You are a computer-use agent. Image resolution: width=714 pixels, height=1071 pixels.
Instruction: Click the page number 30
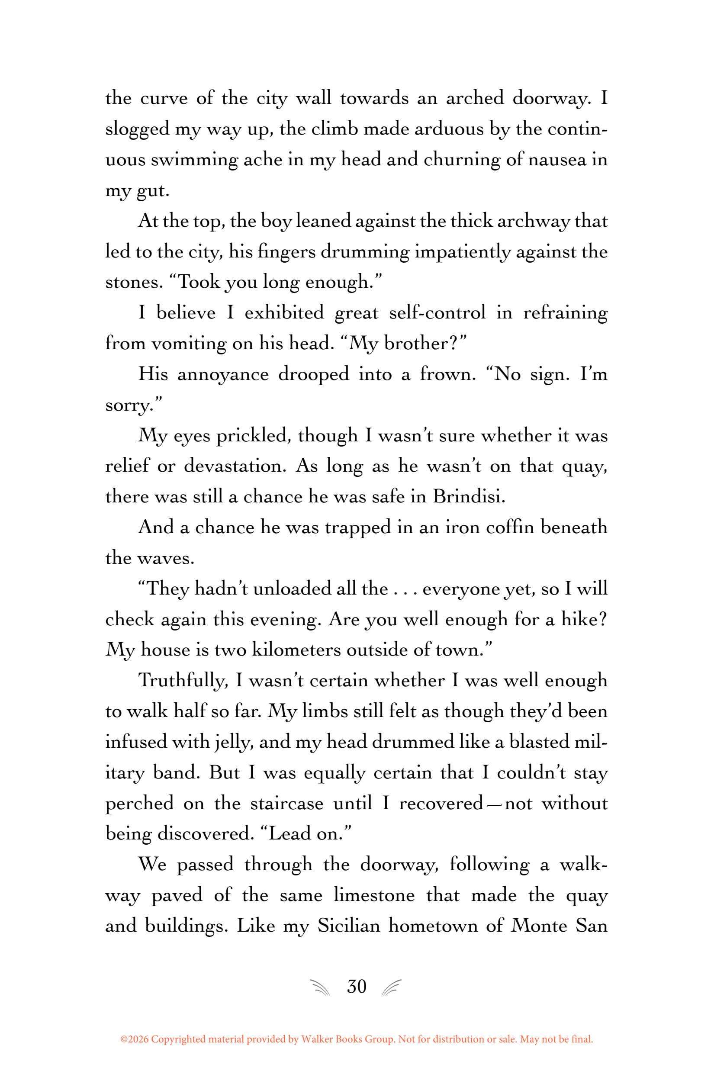tap(357, 986)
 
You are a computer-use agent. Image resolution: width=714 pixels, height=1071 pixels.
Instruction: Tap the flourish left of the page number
tap(321, 987)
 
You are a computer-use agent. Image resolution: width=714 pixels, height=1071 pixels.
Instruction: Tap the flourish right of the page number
tap(392, 987)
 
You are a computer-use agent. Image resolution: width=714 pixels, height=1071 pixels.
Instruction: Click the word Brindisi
tap(469, 496)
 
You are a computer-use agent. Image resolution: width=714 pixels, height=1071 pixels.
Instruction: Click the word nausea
tap(555, 160)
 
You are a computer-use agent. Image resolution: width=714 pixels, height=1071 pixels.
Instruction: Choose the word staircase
tap(286, 804)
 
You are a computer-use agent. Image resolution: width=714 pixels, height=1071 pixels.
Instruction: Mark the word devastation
tap(235, 466)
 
